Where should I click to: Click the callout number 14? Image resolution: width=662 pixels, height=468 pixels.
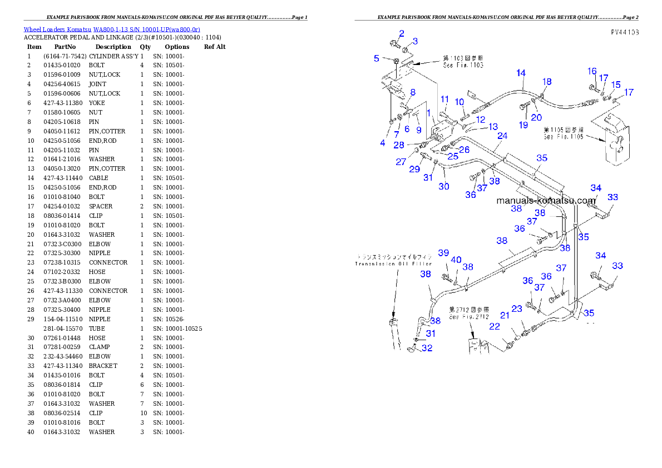coord(521,73)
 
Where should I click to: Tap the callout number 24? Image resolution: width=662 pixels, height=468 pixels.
coord(502,136)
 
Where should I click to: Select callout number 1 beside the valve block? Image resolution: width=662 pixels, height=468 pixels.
coord(428,113)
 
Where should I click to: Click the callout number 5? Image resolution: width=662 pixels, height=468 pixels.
coord(377,58)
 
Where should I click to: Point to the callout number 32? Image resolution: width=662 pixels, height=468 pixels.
coord(427,348)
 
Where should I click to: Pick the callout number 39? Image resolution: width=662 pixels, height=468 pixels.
coord(443,253)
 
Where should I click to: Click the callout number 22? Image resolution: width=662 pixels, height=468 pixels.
coord(495,327)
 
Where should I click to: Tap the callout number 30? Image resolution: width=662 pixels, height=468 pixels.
coord(443,187)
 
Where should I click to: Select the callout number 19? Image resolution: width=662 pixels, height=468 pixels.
coord(523,125)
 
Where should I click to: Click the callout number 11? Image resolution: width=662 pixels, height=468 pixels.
coord(445,99)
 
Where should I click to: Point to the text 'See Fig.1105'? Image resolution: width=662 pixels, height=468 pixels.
coord(564,137)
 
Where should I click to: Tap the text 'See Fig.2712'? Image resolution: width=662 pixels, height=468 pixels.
coord(469,317)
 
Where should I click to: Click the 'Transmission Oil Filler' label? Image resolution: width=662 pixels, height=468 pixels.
coord(393,264)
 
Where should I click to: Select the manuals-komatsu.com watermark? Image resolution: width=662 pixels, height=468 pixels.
coord(546,201)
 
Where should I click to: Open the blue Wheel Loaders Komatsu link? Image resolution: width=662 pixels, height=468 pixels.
coord(112,29)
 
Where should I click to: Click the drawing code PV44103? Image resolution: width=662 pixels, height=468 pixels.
coord(624,33)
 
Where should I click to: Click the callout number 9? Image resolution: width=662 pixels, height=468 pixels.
coord(419,130)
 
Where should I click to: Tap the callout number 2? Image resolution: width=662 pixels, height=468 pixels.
coord(402,34)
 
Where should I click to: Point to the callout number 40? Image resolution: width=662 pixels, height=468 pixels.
coord(456,260)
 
